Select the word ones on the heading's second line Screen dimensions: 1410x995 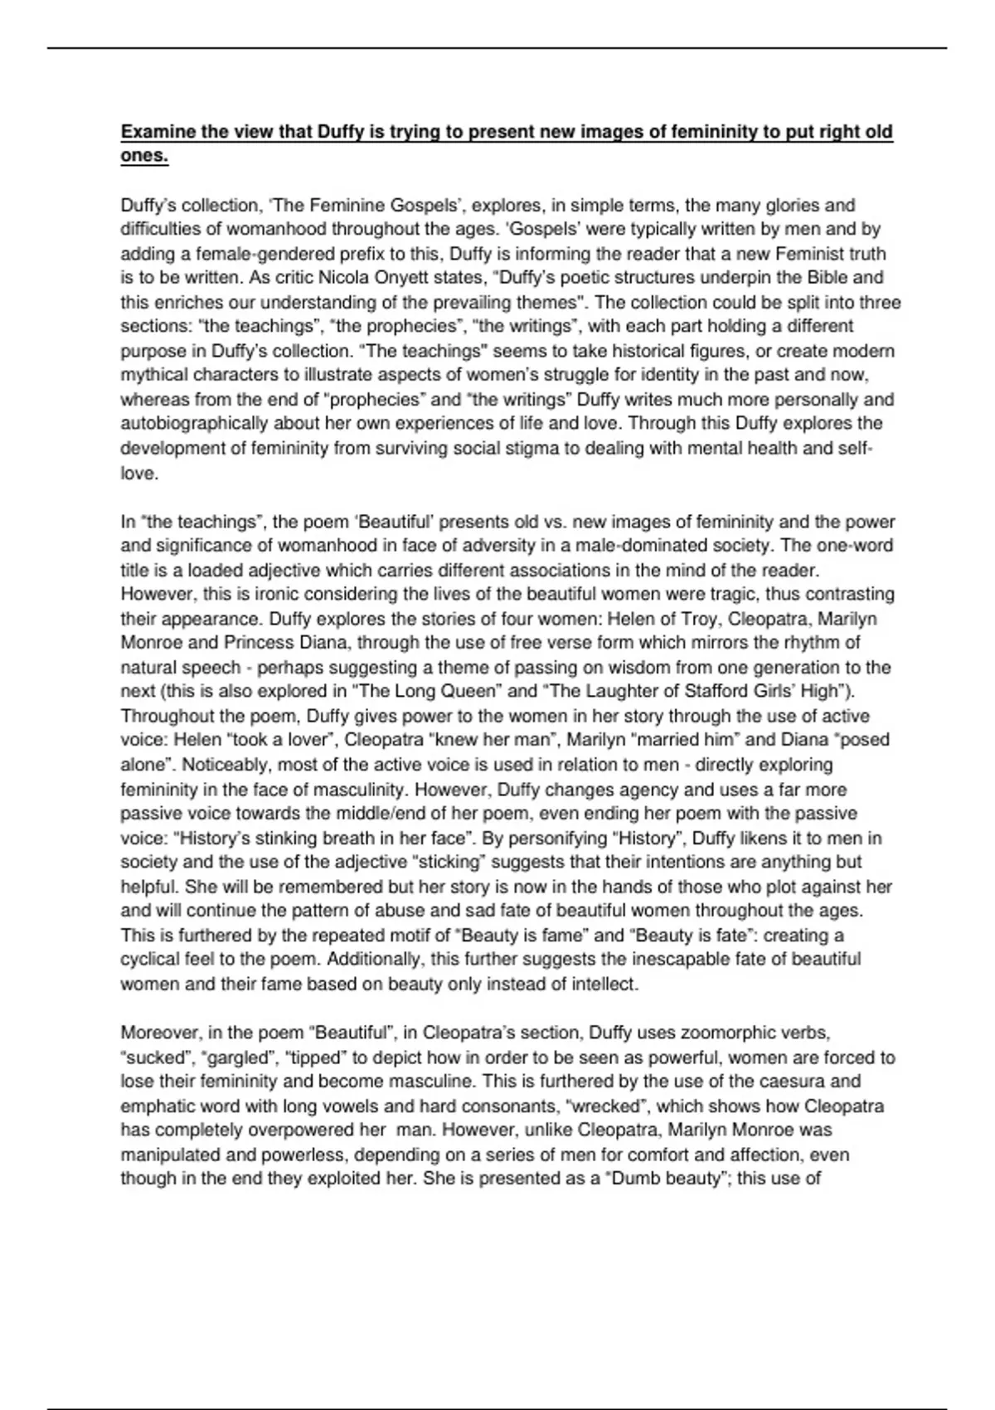point(143,156)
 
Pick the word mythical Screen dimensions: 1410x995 point(154,375)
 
